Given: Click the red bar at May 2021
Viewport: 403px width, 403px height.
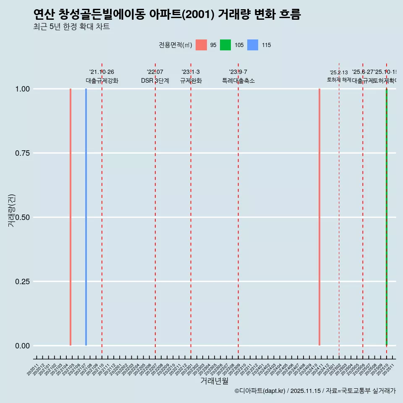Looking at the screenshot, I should [71, 217].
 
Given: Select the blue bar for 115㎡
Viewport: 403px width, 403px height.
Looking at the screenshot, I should [86, 217].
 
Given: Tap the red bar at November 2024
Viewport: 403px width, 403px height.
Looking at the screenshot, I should [319, 217].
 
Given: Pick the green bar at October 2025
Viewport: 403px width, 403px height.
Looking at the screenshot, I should [386, 217].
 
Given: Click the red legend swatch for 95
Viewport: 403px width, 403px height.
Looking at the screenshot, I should [201, 45].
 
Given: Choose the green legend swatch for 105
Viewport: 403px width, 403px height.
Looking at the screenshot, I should [225, 45].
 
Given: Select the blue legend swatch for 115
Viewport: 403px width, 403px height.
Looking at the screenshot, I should [253, 45].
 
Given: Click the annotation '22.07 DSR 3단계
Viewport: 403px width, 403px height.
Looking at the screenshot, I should [155, 76].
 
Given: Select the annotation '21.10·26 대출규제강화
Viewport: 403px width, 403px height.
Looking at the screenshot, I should [102, 76].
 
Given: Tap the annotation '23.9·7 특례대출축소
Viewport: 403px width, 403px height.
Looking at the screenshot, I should [238, 76].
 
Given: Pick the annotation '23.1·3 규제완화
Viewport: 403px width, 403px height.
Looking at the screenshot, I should [191, 76].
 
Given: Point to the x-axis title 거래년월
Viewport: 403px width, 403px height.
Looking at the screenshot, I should [214, 381].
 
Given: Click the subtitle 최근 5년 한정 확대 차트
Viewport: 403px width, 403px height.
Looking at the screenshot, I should [71, 27].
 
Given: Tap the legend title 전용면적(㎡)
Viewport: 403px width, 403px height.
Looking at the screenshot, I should [175, 45].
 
